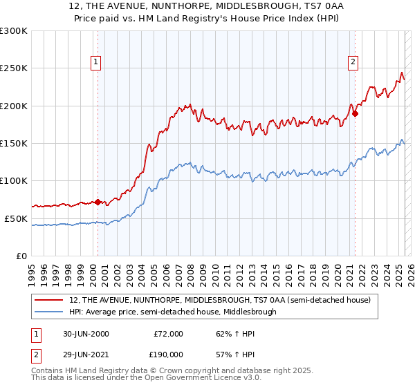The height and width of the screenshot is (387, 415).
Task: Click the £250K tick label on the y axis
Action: click(14, 68)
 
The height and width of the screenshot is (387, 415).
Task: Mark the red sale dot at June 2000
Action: click(98, 202)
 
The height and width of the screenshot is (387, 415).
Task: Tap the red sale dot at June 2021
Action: click(355, 114)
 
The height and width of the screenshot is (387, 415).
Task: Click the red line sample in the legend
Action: click(49, 300)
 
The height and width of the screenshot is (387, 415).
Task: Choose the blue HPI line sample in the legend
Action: click(49, 312)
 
